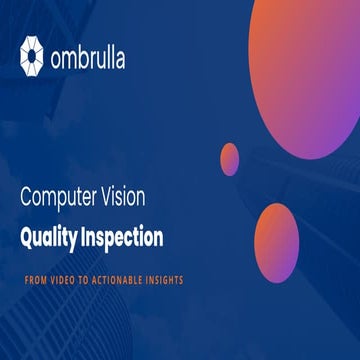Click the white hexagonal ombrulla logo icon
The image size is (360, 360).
32,55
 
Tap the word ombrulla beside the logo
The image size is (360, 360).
89,55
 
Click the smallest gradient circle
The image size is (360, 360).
230,159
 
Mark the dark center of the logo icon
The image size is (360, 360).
32,55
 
